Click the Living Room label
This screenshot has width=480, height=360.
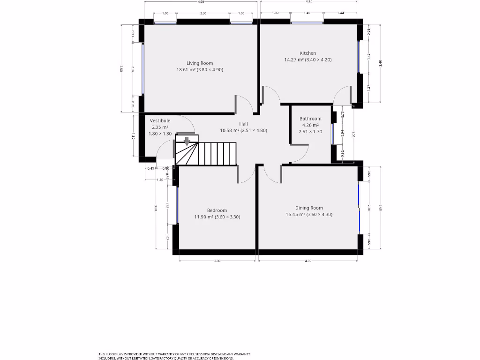[200, 63]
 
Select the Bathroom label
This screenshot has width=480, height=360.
[310, 119]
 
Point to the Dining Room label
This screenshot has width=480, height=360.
[309, 208]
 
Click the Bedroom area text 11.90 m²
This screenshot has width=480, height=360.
[203, 217]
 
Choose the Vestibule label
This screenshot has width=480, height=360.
[160, 121]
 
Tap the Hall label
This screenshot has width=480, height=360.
[243, 124]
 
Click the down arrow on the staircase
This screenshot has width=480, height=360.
[187, 141]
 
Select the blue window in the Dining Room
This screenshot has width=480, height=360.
[359, 207]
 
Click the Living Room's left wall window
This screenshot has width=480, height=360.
[143, 69]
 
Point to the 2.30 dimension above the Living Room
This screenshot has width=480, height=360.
[203, 14]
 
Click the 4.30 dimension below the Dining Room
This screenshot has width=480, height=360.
[308, 261]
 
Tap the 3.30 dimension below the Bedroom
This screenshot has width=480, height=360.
[217, 261]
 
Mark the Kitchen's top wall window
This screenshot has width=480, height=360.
[307, 22]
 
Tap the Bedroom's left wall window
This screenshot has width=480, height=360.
[177, 205]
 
